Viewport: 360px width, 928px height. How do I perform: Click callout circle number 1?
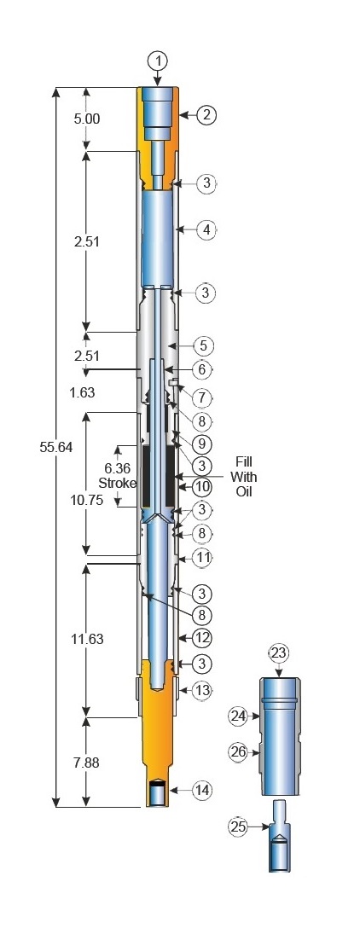coord(158,61)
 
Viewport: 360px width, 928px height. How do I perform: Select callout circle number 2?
coord(206,115)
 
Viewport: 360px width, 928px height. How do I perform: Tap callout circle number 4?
coord(206,229)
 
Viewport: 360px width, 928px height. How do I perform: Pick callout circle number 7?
coord(202,397)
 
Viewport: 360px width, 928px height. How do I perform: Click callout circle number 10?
coord(202,487)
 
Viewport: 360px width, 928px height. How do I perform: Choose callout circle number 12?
coord(202,637)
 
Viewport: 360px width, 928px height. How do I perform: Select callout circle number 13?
coord(202,690)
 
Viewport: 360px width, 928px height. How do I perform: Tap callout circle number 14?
coord(202,790)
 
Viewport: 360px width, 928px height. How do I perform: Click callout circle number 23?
coord(279,654)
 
